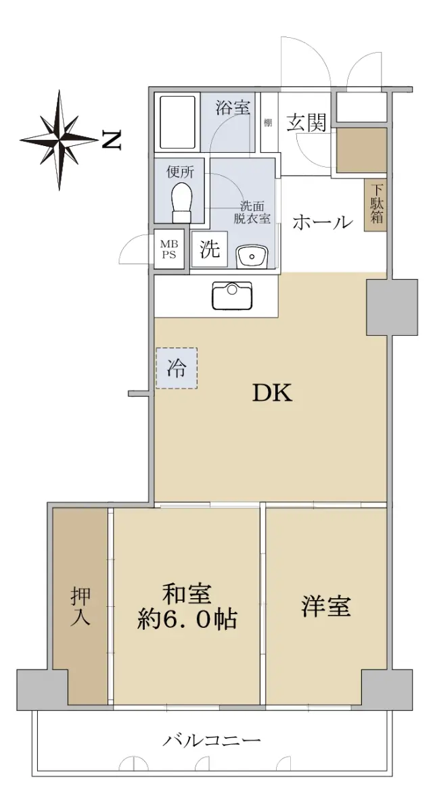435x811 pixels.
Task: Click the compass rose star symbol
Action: point(59,140)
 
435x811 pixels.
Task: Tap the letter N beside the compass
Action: point(112,140)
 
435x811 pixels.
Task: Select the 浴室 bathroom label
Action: point(233,107)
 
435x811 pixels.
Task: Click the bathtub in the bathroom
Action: point(178,123)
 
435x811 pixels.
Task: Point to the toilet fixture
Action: point(181,203)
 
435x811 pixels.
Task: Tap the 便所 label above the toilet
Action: point(180,172)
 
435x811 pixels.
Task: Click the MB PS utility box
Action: point(169,249)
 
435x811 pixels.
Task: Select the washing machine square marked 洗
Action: point(210,249)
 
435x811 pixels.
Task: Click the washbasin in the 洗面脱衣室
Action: point(251,256)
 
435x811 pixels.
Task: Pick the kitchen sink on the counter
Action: point(232,295)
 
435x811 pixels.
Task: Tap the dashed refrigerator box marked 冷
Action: point(177,368)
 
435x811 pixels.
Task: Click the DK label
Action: point(273,393)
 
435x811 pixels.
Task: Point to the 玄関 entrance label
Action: point(306,123)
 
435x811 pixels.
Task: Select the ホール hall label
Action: point(323,222)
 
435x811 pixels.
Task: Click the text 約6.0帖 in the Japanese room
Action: point(187,620)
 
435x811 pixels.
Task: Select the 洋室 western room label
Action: point(326,607)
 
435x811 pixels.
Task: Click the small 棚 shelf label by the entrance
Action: point(268,123)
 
